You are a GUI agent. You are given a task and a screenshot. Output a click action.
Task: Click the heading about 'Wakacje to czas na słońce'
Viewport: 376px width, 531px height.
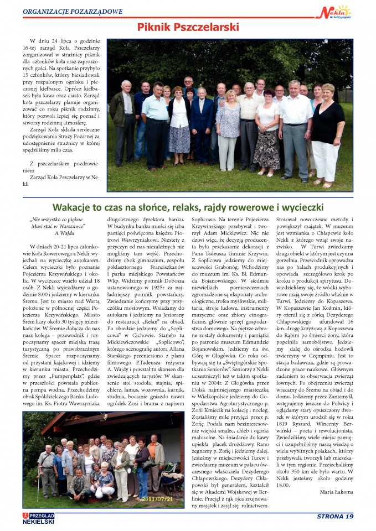coord(188,207)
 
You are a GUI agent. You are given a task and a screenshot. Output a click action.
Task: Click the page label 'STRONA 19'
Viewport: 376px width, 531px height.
coord(334,517)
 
